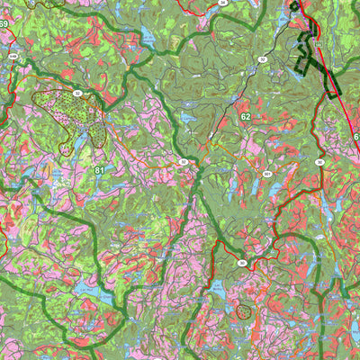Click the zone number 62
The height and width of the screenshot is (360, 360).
coord(245,117)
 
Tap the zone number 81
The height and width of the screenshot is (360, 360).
coord(98,170)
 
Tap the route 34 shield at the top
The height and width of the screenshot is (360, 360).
coord(223,4)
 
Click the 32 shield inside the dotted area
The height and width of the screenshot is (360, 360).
coord(77,93)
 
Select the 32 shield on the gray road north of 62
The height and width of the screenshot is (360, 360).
coord(263,59)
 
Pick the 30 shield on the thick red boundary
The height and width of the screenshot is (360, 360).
coord(242,263)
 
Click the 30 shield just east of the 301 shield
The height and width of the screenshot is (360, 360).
coord(319,162)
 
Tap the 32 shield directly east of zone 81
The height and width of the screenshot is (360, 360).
coord(183,162)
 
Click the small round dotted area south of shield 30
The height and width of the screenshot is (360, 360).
coord(243,311)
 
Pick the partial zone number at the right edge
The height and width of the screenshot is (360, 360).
coord(355,137)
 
